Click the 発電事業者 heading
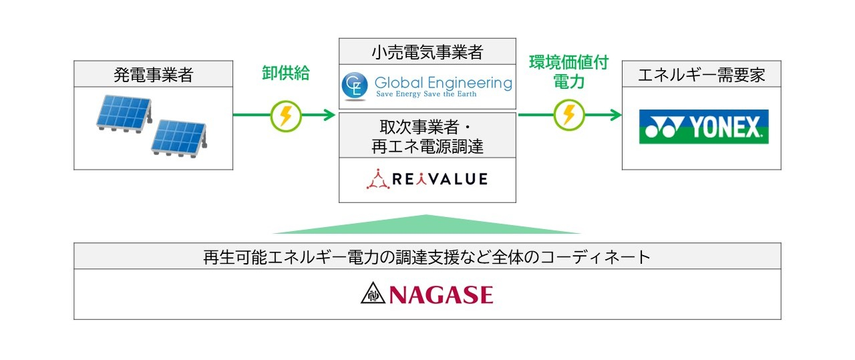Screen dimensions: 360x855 (153, 74)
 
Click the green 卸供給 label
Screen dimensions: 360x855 (285, 73)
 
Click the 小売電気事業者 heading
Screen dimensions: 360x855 (427, 52)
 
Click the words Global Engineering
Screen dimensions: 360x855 (443, 83)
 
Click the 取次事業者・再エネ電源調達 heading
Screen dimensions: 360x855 (427, 136)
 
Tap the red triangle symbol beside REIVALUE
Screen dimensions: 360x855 (377, 180)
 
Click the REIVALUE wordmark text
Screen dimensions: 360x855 (438, 180)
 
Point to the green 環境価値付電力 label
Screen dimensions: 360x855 (568, 73)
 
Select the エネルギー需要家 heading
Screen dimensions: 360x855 (701, 74)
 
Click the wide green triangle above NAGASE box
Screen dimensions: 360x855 (427, 226)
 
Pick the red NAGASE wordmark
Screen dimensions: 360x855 (444, 295)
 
